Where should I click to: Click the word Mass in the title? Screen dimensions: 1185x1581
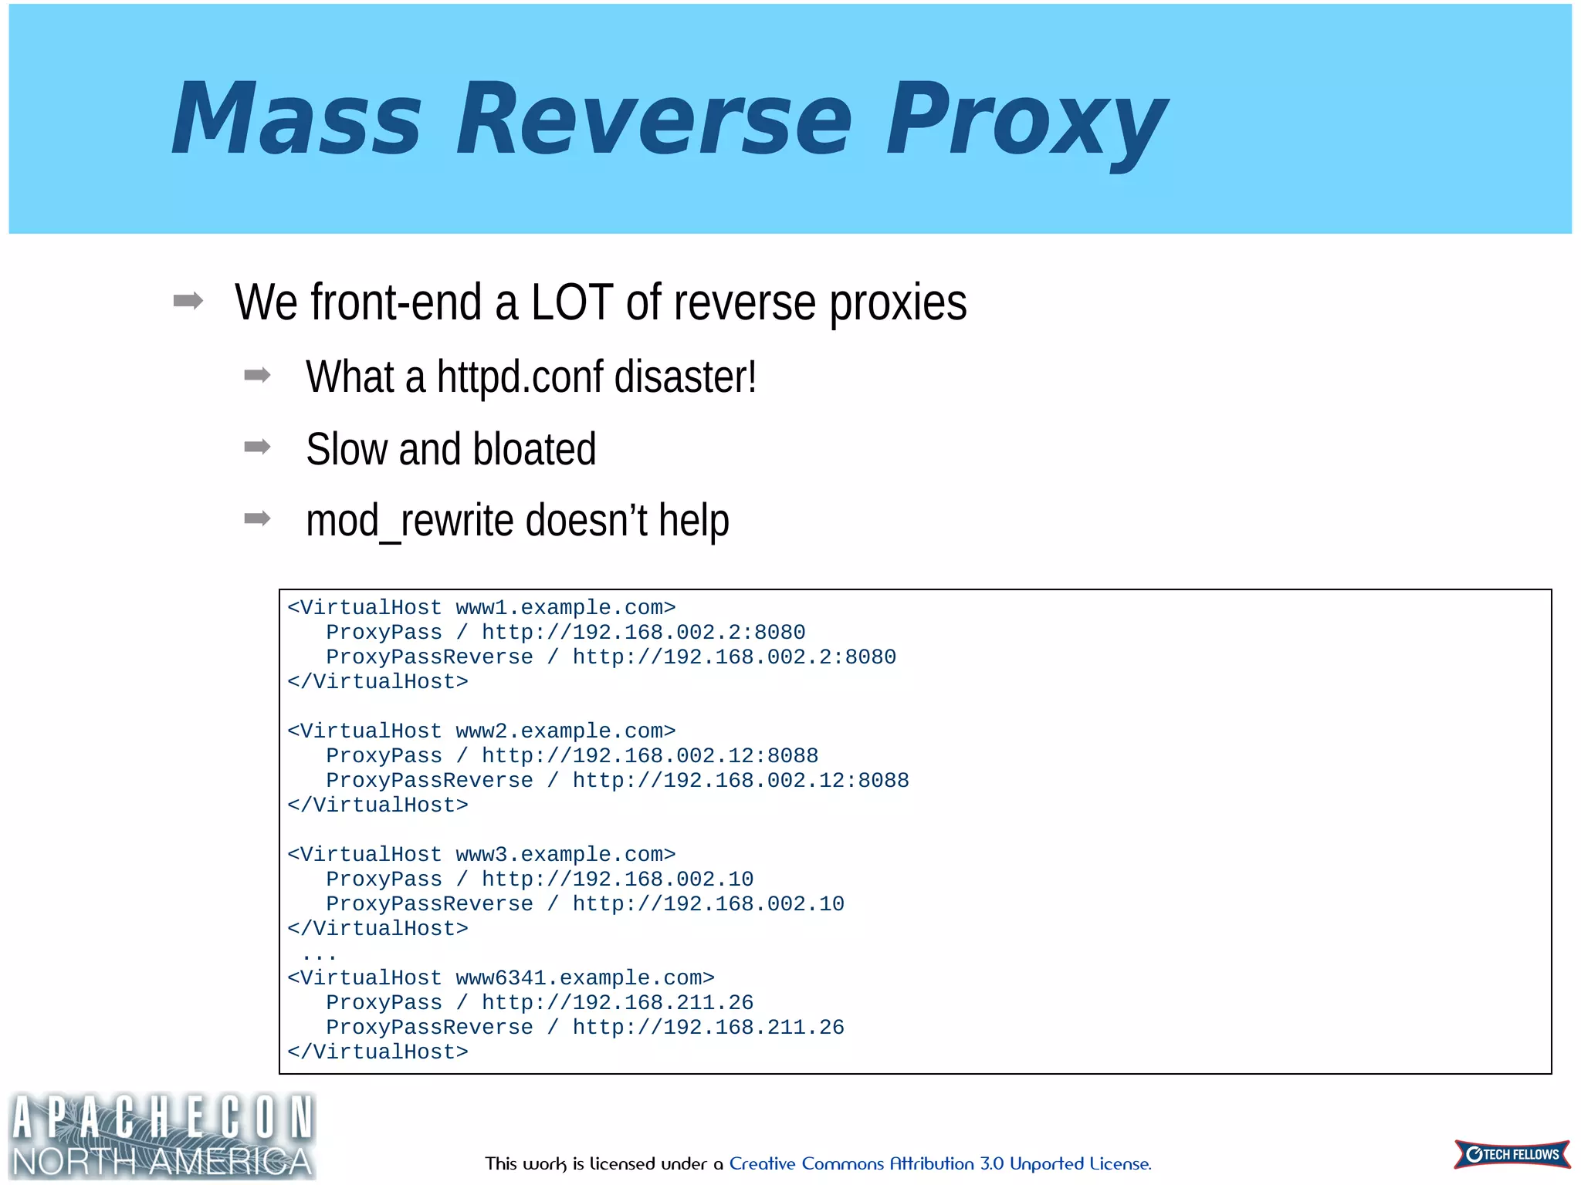[x=296, y=120]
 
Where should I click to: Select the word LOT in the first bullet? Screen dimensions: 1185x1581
[x=571, y=302]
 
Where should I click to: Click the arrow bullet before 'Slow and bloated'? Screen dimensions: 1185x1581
[x=257, y=447]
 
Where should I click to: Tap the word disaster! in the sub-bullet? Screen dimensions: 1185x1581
[x=685, y=377]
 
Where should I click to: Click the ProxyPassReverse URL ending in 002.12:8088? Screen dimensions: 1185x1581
[x=740, y=781]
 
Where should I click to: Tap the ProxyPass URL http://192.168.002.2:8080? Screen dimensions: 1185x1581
[x=643, y=633]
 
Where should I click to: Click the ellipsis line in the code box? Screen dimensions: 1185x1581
[x=319, y=956]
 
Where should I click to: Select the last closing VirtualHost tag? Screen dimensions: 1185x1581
[x=377, y=1052]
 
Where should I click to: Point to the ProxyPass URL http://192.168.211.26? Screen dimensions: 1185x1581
[x=617, y=1003]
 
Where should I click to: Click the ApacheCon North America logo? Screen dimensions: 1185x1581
[x=162, y=1136]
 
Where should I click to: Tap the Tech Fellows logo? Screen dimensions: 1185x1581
[x=1512, y=1154]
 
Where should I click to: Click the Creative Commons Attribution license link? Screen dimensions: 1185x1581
[x=939, y=1163]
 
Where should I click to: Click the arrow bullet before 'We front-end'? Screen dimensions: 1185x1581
[x=188, y=301]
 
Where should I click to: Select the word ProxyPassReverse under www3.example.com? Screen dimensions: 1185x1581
[x=429, y=904]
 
